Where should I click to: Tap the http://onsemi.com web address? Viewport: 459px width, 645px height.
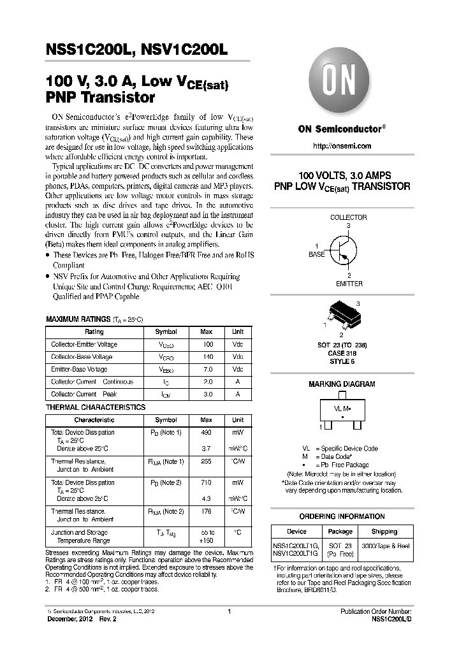342,146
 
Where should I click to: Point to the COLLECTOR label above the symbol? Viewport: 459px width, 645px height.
348,217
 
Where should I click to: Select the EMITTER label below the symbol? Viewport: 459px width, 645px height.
349,284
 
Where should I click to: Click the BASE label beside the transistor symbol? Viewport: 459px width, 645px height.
317,254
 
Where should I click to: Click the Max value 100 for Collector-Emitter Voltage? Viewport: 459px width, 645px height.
207,344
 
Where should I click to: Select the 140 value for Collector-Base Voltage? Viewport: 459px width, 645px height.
207,357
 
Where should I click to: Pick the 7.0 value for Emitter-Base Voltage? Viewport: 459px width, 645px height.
207,370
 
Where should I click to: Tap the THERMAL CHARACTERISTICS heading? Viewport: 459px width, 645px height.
96,407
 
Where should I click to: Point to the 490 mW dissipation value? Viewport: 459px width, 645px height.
207,432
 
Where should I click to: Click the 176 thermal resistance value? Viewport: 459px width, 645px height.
207,511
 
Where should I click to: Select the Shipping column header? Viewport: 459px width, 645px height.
384,531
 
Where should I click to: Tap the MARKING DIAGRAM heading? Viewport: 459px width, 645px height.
342,384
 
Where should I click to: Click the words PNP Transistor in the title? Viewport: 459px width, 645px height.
101,98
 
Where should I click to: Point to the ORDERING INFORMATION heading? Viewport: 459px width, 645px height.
342,516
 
